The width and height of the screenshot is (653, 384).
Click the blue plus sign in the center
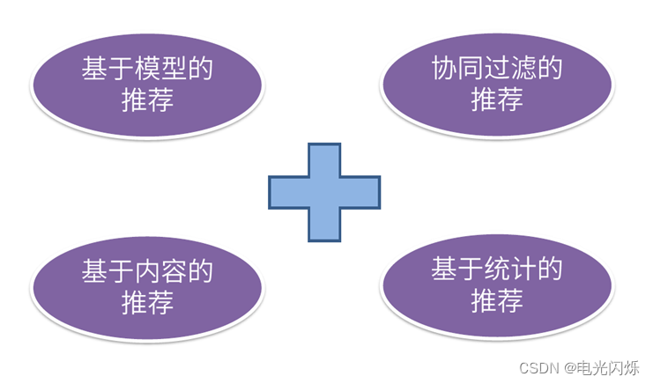(x=324, y=193)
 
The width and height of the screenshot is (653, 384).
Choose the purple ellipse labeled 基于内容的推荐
(x=147, y=286)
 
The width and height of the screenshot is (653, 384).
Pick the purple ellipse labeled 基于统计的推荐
(x=496, y=286)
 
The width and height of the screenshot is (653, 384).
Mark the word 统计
(x=513, y=271)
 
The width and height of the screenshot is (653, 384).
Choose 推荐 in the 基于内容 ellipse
(x=147, y=302)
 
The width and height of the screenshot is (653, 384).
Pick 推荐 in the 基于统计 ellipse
(x=496, y=302)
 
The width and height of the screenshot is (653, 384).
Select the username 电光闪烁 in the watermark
(x=609, y=367)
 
